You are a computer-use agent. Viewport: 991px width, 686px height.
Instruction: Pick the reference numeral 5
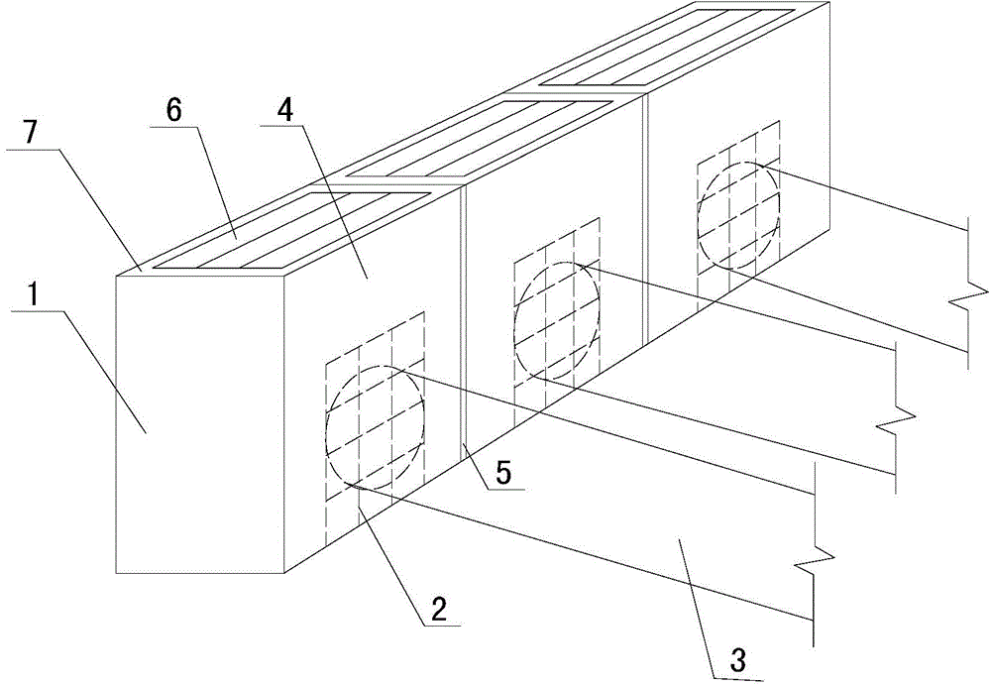(x=503, y=473)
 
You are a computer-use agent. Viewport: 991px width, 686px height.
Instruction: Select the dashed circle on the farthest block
(x=738, y=213)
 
